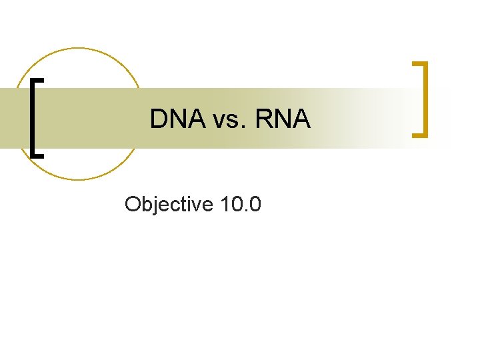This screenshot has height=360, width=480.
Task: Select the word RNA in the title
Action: pos(283,119)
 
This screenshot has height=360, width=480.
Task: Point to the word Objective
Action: pos(167,204)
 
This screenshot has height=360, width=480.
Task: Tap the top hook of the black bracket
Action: pos(39,80)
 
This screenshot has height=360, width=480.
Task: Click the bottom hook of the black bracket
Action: pos(39,154)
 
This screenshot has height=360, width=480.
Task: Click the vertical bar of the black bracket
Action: pos(33,117)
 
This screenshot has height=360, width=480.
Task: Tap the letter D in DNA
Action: pos(159,119)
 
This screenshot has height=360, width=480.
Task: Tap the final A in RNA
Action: pos(301,119)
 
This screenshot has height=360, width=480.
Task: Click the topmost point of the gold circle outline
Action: pos(79,48)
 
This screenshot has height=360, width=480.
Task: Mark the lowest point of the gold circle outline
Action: pos(79,180)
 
